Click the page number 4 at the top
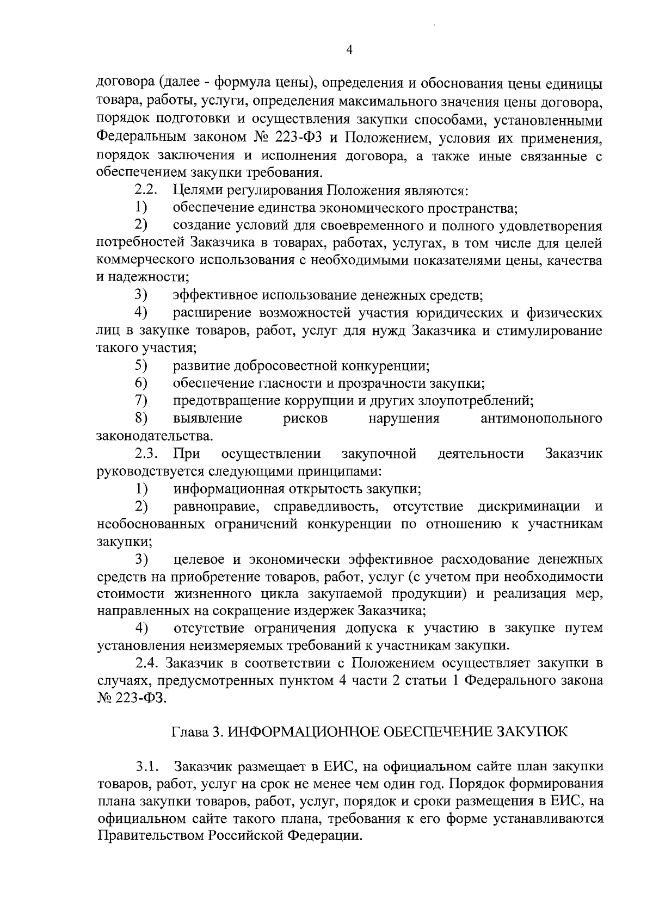point(349,49)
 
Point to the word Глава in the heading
point(188,731)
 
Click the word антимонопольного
point(541,419)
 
